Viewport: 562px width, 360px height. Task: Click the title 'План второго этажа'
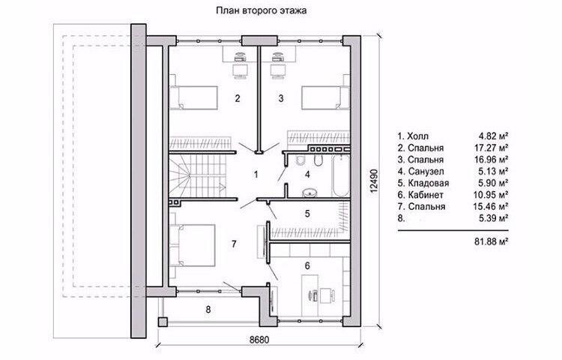tap(261, 10)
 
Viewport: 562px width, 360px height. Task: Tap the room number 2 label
tap(238, 98)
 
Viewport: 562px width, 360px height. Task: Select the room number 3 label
tap(281, 98)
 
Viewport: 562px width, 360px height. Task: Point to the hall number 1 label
tap(256, 175)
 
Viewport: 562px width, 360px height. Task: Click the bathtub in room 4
tap(341, 175)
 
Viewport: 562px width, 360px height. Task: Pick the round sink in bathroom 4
tap(309, 193)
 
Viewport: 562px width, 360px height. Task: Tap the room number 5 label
tap(307, 214)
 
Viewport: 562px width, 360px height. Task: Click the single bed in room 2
tap(194, 97)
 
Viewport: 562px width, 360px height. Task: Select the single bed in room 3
tap(325, 97)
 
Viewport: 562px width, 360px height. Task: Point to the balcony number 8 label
tap(208, 309)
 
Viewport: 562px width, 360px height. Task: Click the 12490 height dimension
tap(374, 181)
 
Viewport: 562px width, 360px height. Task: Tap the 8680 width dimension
tap(259, 340)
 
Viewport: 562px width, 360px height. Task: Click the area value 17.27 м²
tap(494, 148)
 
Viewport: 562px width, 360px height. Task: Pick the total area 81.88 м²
tap(492, 241)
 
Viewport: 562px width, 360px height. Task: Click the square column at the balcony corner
tap(163, 322)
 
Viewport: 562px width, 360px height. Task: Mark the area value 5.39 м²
tap(494, 218)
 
